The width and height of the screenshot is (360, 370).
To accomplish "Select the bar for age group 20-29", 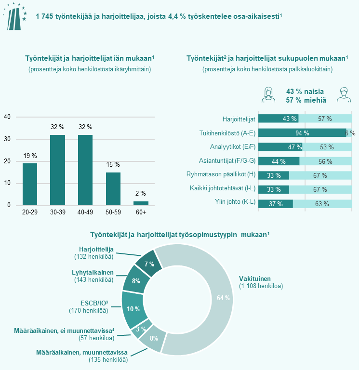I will pyautogui.click(x=30, y=184).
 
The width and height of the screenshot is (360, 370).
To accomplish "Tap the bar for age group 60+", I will pyautogui.click(x=141, y=203).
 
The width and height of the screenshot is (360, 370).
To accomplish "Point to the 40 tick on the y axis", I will pyautogui.click(x=7, y=117).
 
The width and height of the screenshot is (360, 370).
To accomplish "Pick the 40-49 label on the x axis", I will pyautogui.click(x=85, y=212).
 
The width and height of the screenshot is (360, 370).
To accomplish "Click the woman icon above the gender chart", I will pyautogui.click(x=268, y=95).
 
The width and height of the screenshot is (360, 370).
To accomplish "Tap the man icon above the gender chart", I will pyautogui.click(x=343, y=95).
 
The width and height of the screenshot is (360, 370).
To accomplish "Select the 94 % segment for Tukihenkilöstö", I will pyautogui.click(x=302, y=133).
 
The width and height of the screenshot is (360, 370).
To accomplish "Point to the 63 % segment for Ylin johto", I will pyautogui.click(x=322, y=204).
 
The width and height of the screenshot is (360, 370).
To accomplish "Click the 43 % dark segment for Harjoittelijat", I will pyautogui.click(x=278, y=119).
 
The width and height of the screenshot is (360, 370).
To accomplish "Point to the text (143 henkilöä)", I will pyautogui.click(x=94, y=279).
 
